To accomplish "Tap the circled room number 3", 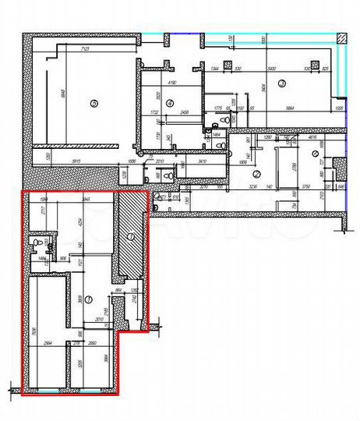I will pos(282,83).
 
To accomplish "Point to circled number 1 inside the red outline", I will pos(87,299).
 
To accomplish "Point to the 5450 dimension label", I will pos(273,69).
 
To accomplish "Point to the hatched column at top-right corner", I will pos(341,39).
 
